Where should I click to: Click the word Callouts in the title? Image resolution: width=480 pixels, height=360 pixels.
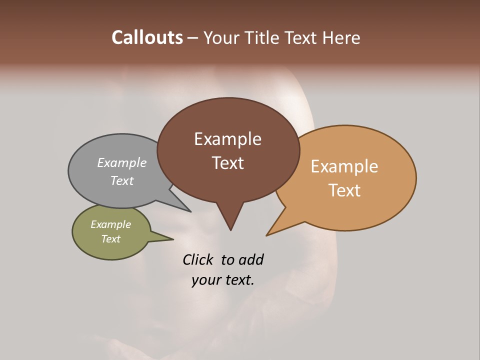pyautogui.click(x=147, y=37)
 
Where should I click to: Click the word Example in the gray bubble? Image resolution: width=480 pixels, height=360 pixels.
pyautogui.click(x=122, y=162)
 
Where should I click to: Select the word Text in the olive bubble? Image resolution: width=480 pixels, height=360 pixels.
pyautogui.click(x=110, y=239)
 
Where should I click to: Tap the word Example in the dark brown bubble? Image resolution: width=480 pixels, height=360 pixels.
pyautogui.click(x=227, y=139)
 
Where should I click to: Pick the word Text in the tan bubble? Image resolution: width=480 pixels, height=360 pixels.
pyautogui.click(x=345, y=190)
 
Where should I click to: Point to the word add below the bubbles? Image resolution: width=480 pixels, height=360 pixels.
pyautogui.click(x=251, y=259)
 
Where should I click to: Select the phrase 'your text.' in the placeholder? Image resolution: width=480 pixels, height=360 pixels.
pyautogui.click(x=223, y=280)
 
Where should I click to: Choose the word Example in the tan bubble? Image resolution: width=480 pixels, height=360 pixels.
pyautogui.click(x=344, y=166)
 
